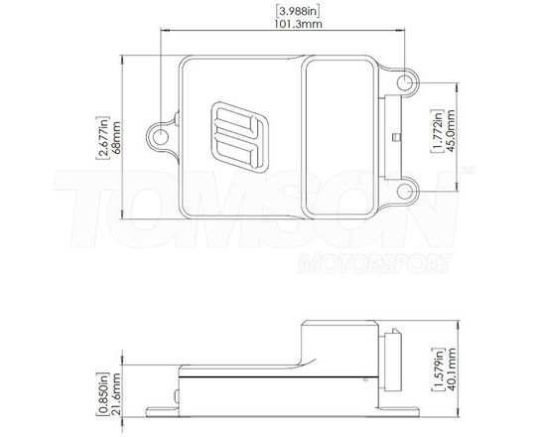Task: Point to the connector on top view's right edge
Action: [394, 133]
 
